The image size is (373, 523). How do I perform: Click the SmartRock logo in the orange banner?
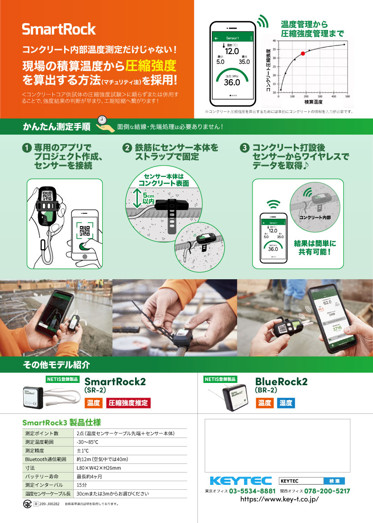(59, 30)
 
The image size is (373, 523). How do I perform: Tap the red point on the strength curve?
(303, 54)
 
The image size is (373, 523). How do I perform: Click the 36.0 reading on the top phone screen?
(232, 82)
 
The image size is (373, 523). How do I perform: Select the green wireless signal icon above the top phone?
(262, 21)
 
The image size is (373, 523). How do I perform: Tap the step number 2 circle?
(127, 148)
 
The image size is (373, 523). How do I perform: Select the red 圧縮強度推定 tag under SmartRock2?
(128, 403)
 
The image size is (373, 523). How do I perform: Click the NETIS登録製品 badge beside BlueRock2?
(221, 379)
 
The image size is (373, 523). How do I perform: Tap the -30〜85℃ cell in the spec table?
(88, 442)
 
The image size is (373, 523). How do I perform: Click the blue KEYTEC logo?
(241, 481)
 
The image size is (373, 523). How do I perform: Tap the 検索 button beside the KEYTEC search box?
(334, 481)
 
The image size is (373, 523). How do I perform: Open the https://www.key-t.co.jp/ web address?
(279, 499)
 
